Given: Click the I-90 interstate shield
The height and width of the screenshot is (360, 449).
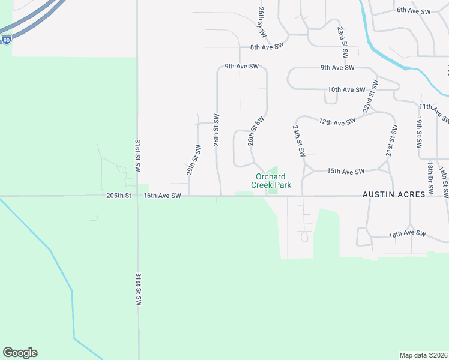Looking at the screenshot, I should tap(6, 40).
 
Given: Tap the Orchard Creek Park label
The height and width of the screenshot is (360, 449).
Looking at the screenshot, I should tap(273, 181).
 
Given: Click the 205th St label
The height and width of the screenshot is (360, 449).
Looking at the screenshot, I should tap(119, 196).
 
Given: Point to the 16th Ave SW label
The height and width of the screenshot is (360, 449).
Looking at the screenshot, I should tap(162, 196).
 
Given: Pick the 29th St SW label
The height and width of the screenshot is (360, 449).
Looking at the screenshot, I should tap(193, 160).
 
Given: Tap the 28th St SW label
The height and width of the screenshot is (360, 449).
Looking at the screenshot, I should tap(217, 130).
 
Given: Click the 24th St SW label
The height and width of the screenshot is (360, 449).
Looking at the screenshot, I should tap(298, 141).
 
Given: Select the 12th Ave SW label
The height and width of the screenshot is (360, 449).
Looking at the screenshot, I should tap(337, 122).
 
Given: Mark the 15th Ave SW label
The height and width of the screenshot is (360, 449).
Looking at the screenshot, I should tap(346, 172).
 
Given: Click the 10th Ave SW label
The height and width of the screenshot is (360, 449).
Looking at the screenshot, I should tap(346, 89).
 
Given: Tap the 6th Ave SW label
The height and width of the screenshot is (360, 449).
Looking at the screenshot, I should tap(414, 11).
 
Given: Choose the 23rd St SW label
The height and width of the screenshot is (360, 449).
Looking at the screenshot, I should tap(343, 42).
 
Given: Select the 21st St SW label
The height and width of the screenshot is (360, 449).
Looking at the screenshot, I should tap(392, 141).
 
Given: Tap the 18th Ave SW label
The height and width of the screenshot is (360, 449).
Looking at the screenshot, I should tap(407, 233).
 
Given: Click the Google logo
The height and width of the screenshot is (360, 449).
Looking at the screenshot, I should tap(20, 353).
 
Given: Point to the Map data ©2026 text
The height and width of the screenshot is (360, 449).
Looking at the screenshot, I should tap(424, 355).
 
